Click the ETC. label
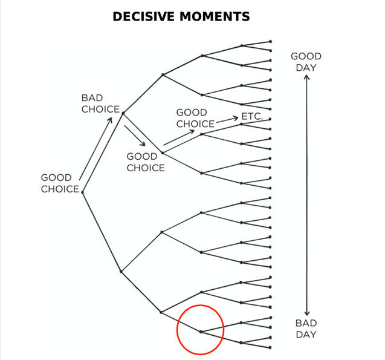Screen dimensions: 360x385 tap(251, 116)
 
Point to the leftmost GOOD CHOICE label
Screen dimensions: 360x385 tap(60, 183)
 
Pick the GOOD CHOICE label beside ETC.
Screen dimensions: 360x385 tap(195, 118)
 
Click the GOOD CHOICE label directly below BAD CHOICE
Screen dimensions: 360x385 tap(145, 162)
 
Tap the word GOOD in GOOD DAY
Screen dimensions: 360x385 tap(306, 56)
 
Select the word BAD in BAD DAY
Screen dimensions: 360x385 tap(306, 322)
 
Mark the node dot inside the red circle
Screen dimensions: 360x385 tap(201, 331)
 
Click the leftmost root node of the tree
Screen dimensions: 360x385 tap(82, 192)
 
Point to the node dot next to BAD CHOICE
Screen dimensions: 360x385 tap(123, 113)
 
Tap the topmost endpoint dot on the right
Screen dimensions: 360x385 tap(270, 41)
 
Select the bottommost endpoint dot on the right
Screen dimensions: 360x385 tap(270, 348)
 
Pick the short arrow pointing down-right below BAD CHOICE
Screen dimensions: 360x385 tap(136, 136)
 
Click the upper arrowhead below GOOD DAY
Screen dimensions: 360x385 tap(306, 79)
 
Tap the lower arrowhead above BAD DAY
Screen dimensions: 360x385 tap(306, 310)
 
